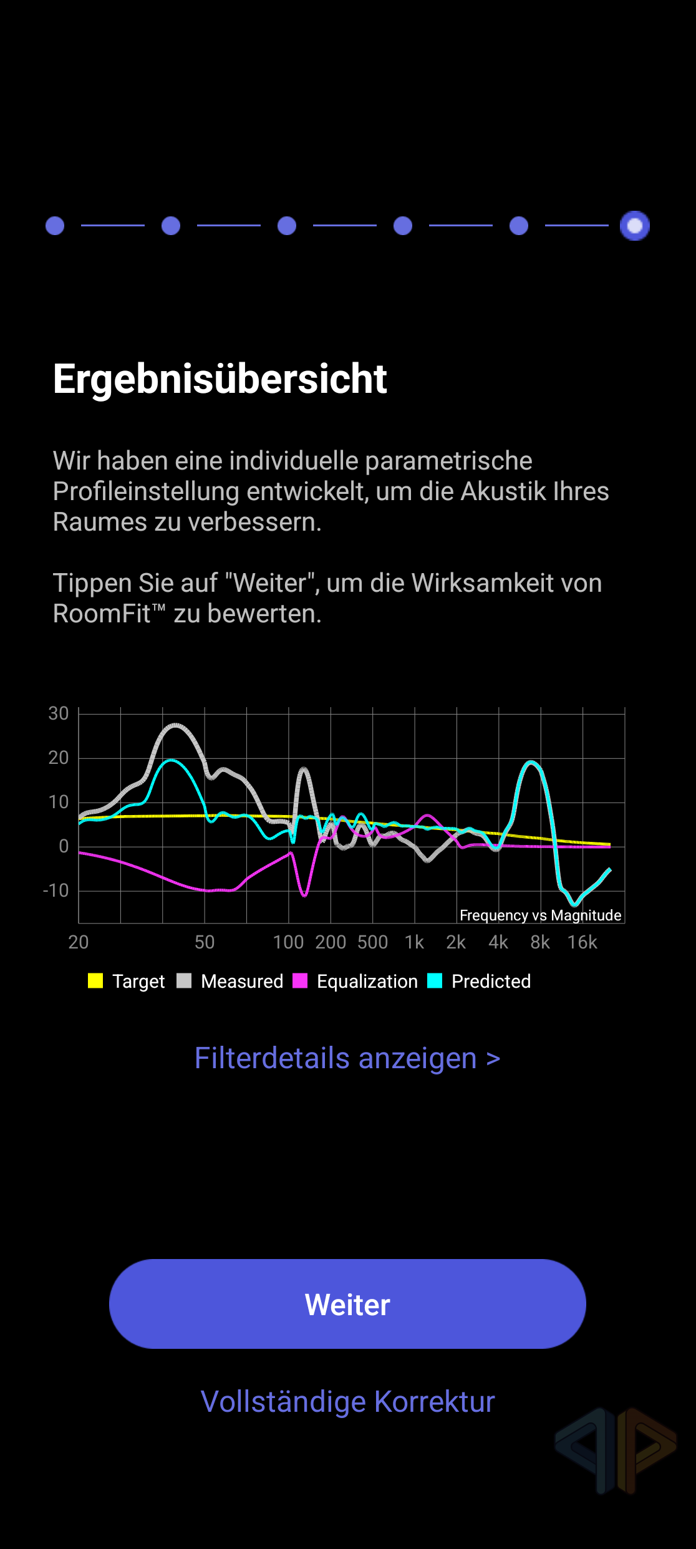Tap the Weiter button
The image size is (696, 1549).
tap(347, 1304)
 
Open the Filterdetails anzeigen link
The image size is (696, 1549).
tap(347, 1058)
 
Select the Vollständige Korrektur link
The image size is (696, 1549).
tap(347, 1401)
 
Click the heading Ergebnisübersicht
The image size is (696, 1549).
tap(220, 379)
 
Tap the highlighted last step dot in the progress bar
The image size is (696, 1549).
tap(634, 226)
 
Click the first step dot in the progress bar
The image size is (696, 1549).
tap(55, 226)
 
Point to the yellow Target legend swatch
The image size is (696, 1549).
tap(95, 981)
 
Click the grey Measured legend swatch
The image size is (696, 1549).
tap(184, 981)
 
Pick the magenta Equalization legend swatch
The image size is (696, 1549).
tap(300, 981)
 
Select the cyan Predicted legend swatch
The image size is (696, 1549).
tap(435, 981)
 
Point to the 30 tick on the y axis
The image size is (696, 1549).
tap(59, 713)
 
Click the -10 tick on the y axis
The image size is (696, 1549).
tap(56, 890)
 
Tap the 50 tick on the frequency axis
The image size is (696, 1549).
tap(205, 942)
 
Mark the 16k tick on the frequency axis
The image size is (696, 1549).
tap(582, 942)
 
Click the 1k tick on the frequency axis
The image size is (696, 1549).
tap(414, 942)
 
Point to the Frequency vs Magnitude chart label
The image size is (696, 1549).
tap(540, 915)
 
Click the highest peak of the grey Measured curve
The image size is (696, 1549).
tap(176, 725)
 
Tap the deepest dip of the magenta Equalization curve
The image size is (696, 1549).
tap(304, 895)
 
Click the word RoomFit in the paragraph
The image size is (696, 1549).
tap(102, 614)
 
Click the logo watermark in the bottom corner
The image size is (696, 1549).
tap(616, 1450)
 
